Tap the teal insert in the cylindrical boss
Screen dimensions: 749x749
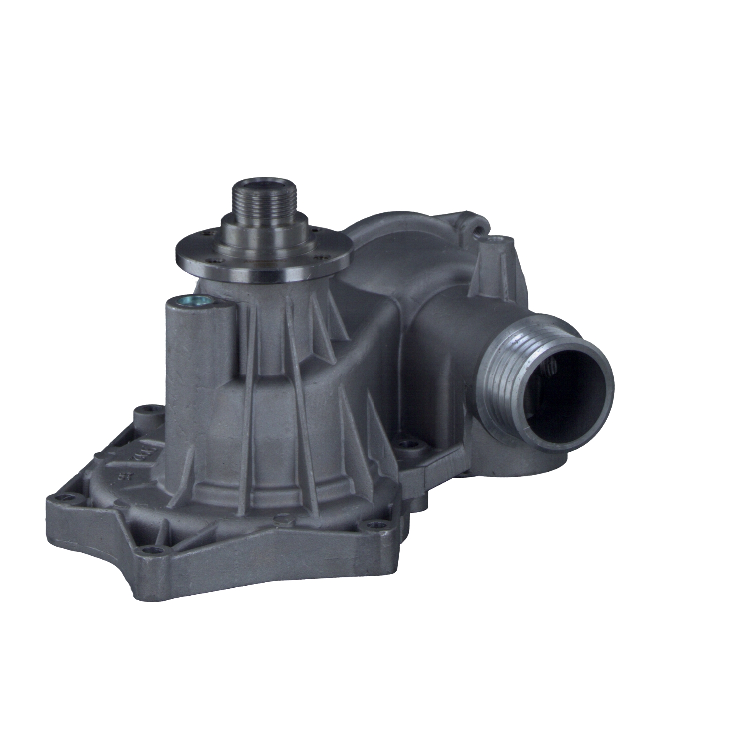point(193,301)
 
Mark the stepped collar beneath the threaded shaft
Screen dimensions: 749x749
point(265,235)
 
